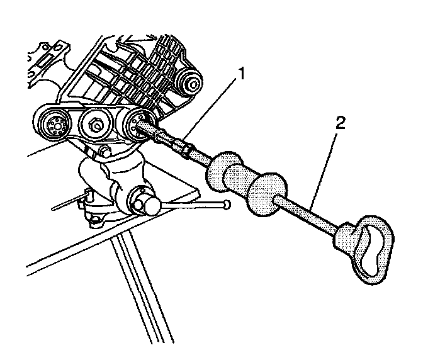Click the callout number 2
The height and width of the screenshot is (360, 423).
pos(341,123)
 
